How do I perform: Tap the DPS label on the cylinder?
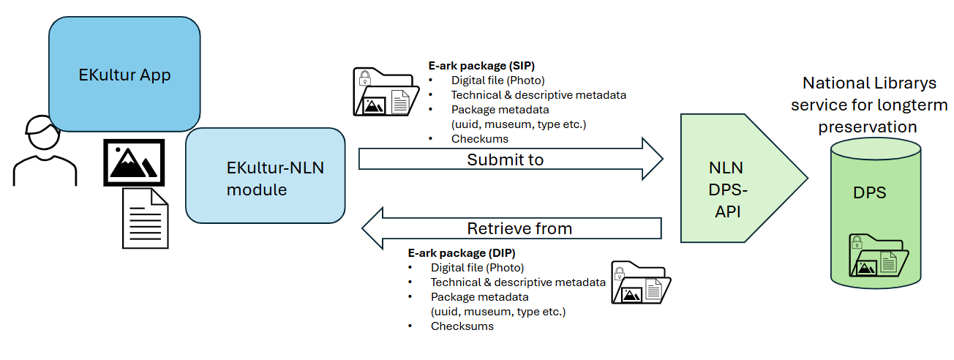[870, 193]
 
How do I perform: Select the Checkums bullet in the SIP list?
[479, 138]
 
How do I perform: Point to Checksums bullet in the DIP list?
[462, 326]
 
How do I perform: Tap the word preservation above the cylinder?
[867, 127]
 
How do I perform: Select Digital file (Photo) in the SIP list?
[497, 80]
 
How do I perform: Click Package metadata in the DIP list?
[479, 297]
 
